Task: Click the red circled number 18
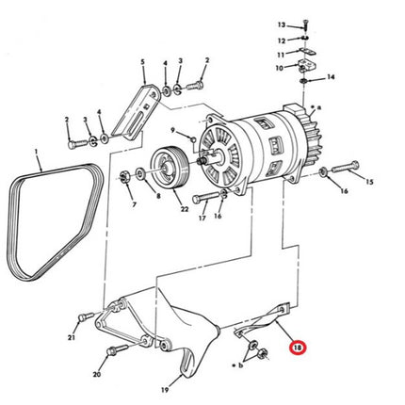(297, 348)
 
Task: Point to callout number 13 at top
(282, 24)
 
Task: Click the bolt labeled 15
(346, 167)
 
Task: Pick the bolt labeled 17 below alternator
(205, 198)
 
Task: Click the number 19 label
(165, 390)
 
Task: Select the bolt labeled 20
(118, 349)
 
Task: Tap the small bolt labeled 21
(86, 316)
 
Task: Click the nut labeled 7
(124, 176)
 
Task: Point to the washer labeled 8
(140, 173)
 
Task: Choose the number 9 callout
(172, 130)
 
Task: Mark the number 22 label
(185, 209)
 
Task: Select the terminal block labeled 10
(307, 65)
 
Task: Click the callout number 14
(331, 76)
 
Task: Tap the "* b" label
(237, 365)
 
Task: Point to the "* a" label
(316, 107)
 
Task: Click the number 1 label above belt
(37, 152)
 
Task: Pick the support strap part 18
(264, 322)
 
